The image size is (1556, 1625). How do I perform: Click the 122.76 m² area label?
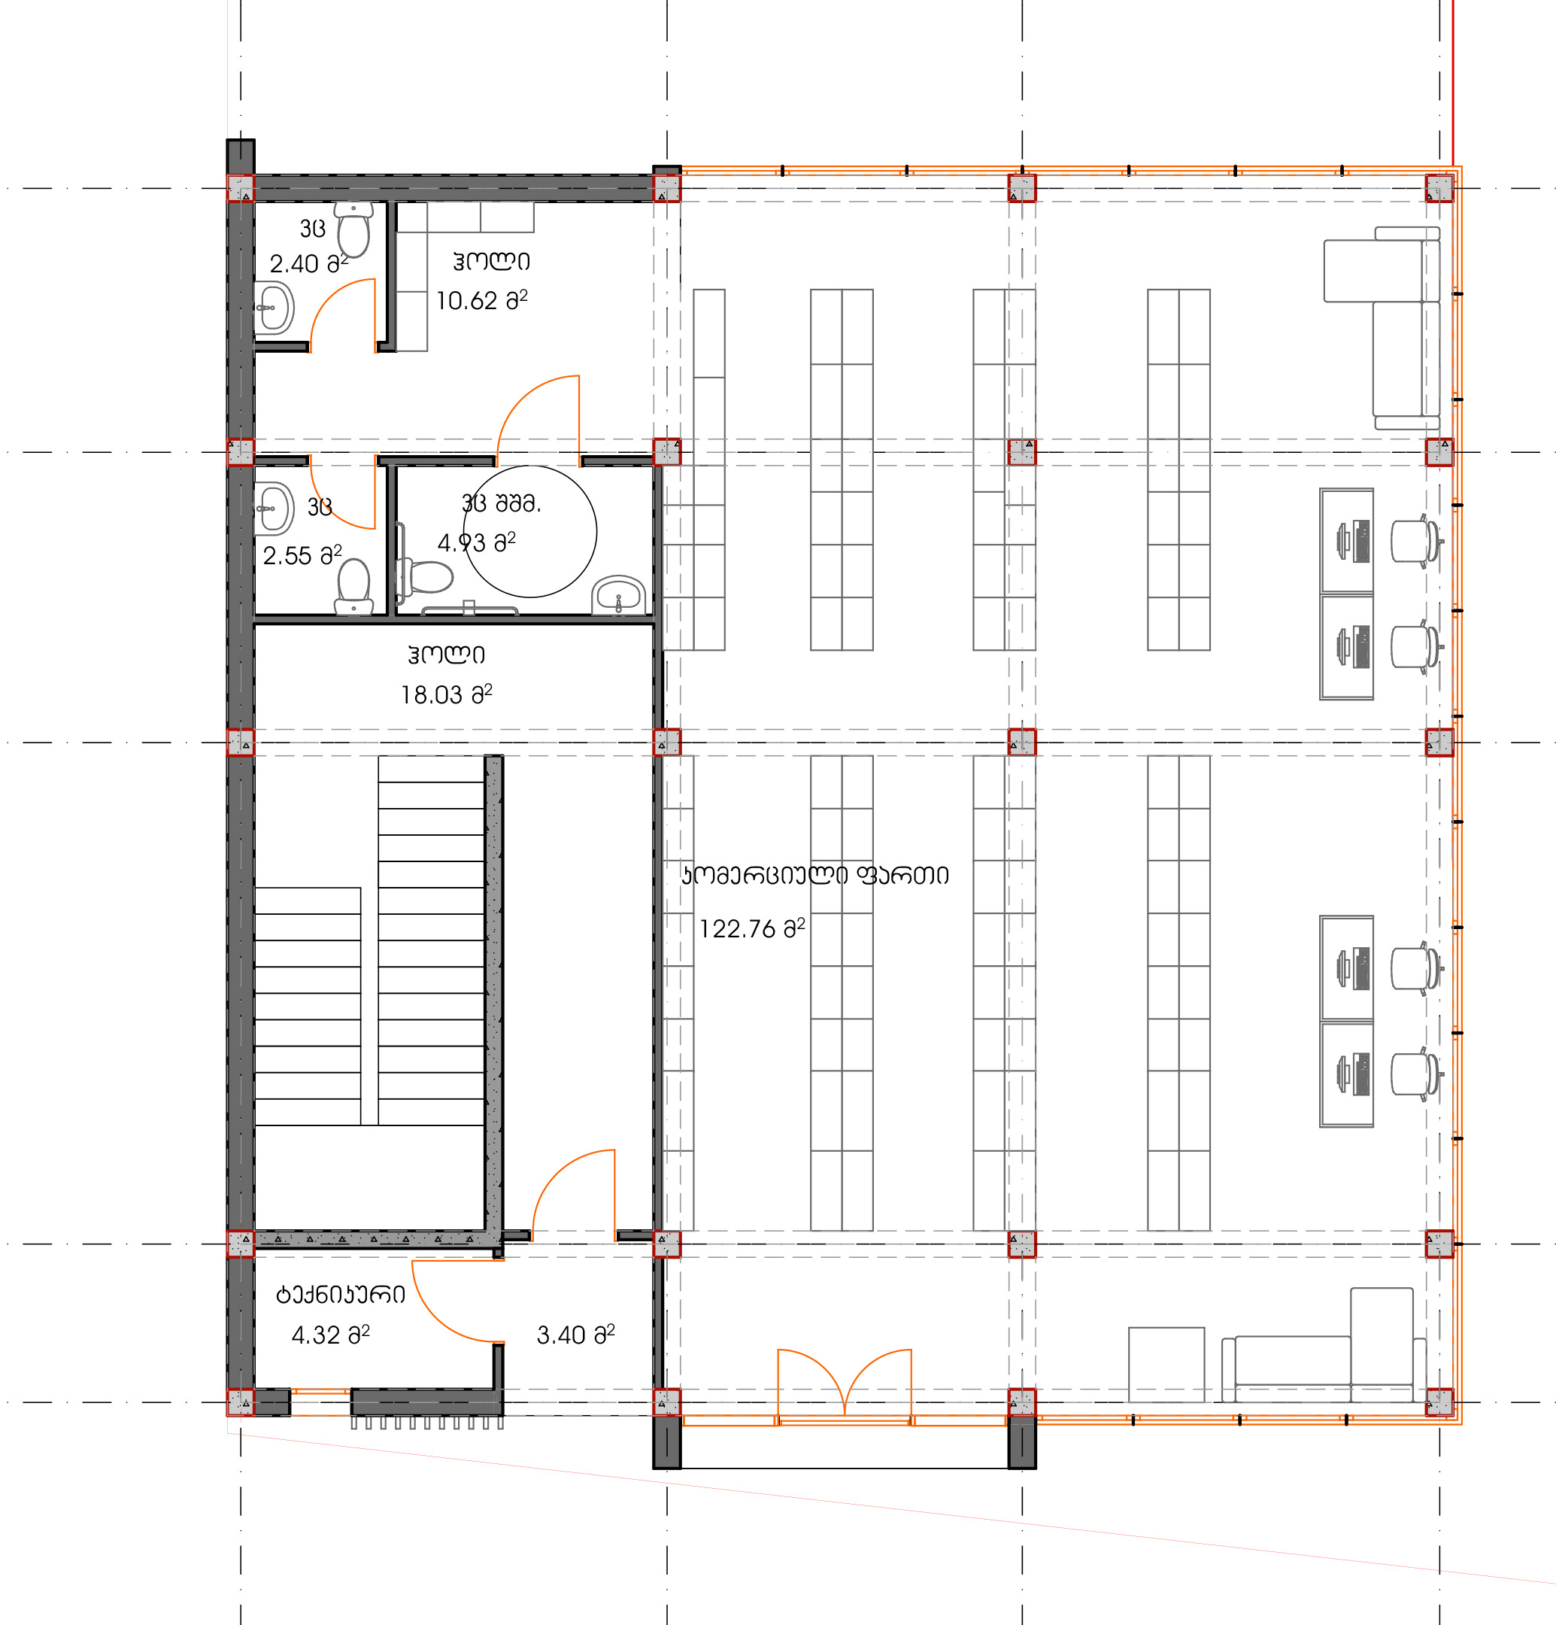point(752,928)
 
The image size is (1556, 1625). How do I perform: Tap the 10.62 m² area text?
point(481,299)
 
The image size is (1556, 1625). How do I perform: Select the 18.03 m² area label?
point(446,693)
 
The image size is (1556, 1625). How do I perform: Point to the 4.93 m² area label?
point(477,542)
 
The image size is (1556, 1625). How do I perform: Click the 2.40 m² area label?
point(308,263)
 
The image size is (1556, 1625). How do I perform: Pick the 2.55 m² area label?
point(302,554)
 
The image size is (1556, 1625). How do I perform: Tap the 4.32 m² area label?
point(330,1334)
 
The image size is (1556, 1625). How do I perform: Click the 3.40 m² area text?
point(575,1334)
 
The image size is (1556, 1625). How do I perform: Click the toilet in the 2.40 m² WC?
point(354,229)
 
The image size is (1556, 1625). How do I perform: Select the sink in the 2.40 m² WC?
point(274,308)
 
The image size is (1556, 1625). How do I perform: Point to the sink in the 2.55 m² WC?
point(274,509)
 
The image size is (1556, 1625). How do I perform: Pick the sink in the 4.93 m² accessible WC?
point(618,594)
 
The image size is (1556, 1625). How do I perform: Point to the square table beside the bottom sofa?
point(1166,1364)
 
